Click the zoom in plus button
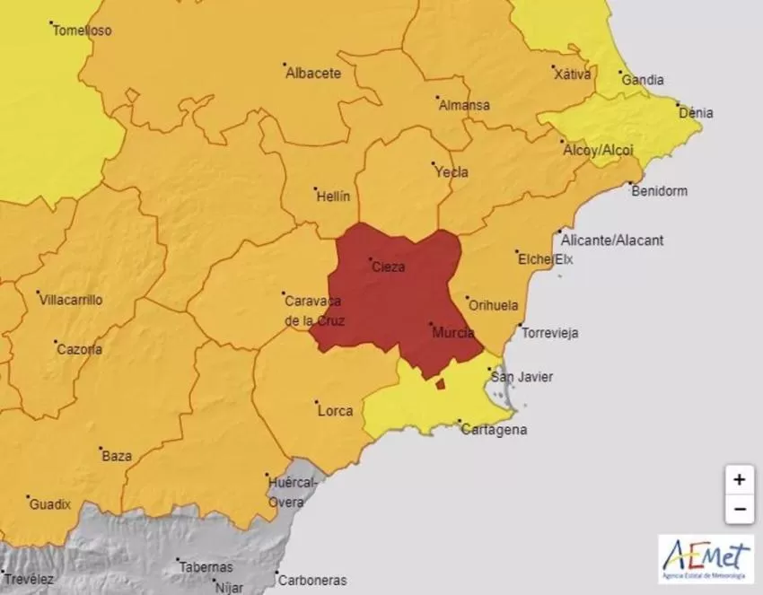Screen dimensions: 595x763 738,480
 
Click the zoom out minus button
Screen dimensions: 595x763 738,508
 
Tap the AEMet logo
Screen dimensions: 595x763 706,558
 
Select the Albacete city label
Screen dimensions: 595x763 313,74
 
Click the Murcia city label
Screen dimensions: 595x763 452,333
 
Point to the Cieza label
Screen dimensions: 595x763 388,267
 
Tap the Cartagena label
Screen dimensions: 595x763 493,430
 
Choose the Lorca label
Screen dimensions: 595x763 336,412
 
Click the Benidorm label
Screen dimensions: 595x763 659,191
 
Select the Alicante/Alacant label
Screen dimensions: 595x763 611,240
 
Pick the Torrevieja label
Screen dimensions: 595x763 549,333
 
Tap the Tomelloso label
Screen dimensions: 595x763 82,31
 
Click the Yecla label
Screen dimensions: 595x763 451,172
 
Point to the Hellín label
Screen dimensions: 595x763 332,196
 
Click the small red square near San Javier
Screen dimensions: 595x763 440,384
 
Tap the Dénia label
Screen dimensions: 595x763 696,113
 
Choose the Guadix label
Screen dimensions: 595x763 49,504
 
